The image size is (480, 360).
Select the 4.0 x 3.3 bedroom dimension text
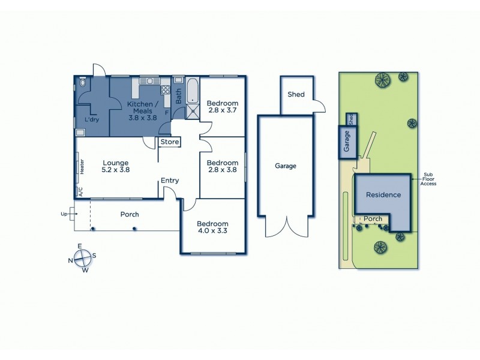point(213,230)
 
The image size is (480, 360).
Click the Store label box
point(170,142)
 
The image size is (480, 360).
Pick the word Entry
point(170,181)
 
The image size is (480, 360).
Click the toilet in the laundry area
point(83,84)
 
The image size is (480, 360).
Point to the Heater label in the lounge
point(82,166)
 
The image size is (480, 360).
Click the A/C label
point(80,192)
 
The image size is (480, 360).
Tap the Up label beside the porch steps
point(64,214)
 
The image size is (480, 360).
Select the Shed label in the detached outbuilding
point(296,95)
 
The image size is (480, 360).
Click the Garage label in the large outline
point(286,166)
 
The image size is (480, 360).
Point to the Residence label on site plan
point(383,195)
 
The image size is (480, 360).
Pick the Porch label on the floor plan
point(130,214)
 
